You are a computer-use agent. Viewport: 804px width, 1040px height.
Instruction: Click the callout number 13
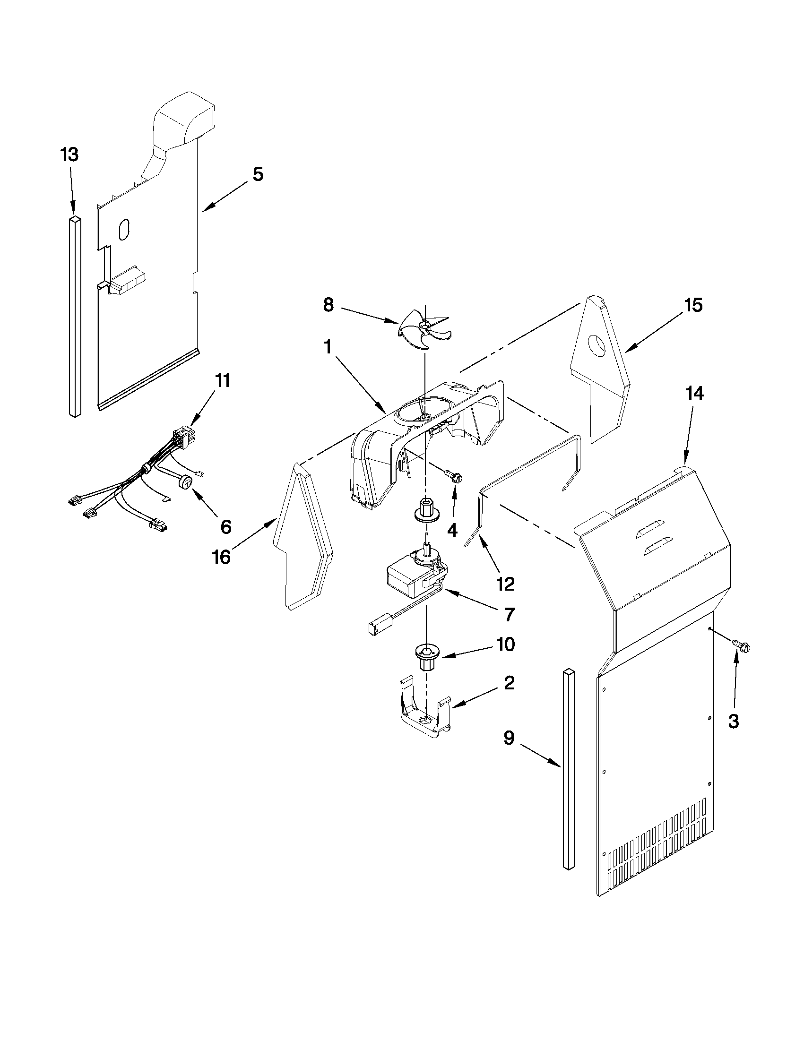coord(69,155)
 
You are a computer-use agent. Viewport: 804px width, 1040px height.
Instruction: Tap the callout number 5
coord(257,174)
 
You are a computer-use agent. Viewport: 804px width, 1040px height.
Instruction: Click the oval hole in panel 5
coord(123,230)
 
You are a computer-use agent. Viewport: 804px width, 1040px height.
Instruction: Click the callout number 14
coord(694,393)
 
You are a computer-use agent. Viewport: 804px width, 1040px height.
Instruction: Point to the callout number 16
coord(222,556)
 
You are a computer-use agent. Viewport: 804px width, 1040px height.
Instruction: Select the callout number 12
coord(505,584)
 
